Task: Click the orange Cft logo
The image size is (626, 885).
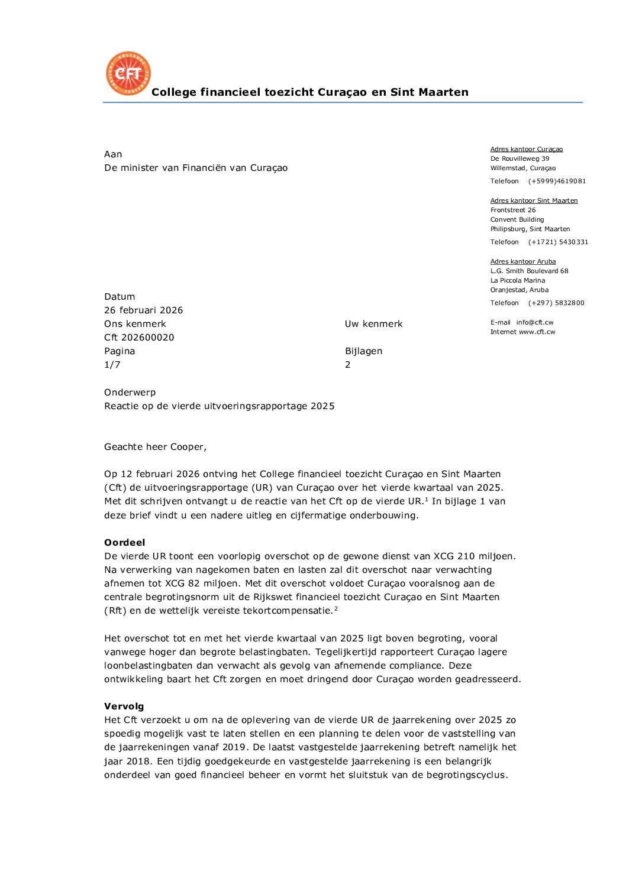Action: click(128, 73)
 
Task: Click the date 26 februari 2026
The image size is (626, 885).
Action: click(143, 310)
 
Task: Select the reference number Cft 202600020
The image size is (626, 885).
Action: click(139, 337)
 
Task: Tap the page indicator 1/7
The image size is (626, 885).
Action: click(112, 364)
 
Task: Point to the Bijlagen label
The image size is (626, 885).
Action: click(363, 351)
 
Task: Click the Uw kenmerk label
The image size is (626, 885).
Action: click(373, 323)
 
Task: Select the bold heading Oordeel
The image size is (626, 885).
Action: click(124, 542)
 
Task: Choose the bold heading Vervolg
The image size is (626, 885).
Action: click(124, 706)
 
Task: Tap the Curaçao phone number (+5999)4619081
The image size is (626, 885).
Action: click(557, 181)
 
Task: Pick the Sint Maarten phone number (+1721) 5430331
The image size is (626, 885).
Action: click(558, 242)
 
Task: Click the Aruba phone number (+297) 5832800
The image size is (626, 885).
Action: click(556, 303)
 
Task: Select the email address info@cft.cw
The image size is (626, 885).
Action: click(535, 322)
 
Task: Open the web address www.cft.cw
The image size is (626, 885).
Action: click(537, 332)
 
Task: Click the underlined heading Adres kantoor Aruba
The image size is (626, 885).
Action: click(523, 261)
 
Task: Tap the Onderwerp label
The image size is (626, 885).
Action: click(130, 392)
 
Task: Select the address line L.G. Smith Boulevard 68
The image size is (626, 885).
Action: click(529, 271)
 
